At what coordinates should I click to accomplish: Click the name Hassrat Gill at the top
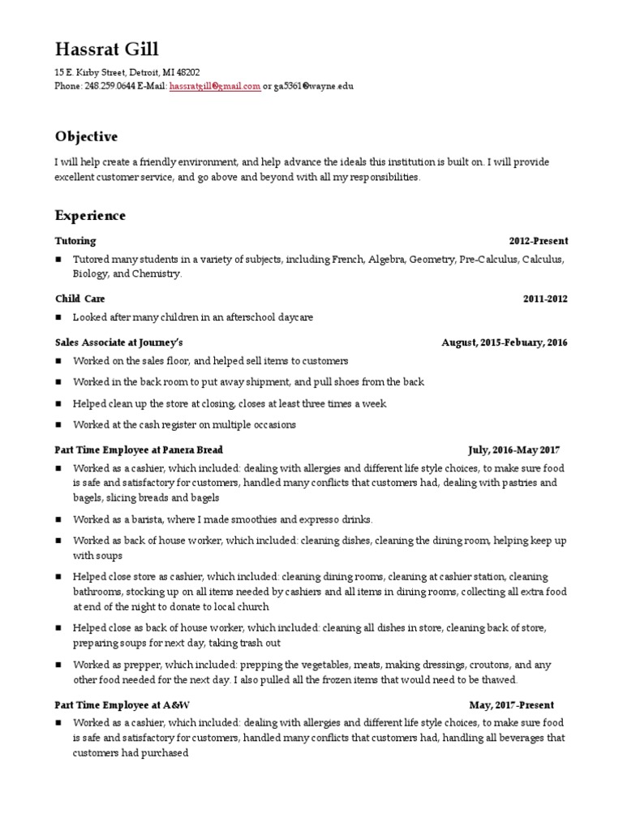pos(107,50)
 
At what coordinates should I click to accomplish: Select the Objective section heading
pos(86,136)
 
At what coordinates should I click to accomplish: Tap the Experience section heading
pos(90,215)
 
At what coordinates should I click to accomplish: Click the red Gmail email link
pos(215,85)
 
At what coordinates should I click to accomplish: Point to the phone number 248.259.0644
pos(110,85)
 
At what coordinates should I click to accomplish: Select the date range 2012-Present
pos(539,241)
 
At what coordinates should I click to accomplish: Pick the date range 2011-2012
pos(545,299)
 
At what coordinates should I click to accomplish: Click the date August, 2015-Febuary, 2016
pos(505,342)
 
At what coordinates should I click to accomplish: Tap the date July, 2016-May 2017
pos(513,450)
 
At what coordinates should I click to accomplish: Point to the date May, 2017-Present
pos(511,705)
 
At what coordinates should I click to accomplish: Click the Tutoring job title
pos(75,241)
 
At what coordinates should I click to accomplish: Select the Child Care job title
pos(79,299)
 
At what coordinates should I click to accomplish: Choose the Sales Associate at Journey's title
pos(118,342)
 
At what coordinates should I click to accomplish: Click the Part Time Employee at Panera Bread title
pos(138,450)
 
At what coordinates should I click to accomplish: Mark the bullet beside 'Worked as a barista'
pos(59,519)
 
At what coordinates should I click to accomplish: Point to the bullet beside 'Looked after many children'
pos(59,317)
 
